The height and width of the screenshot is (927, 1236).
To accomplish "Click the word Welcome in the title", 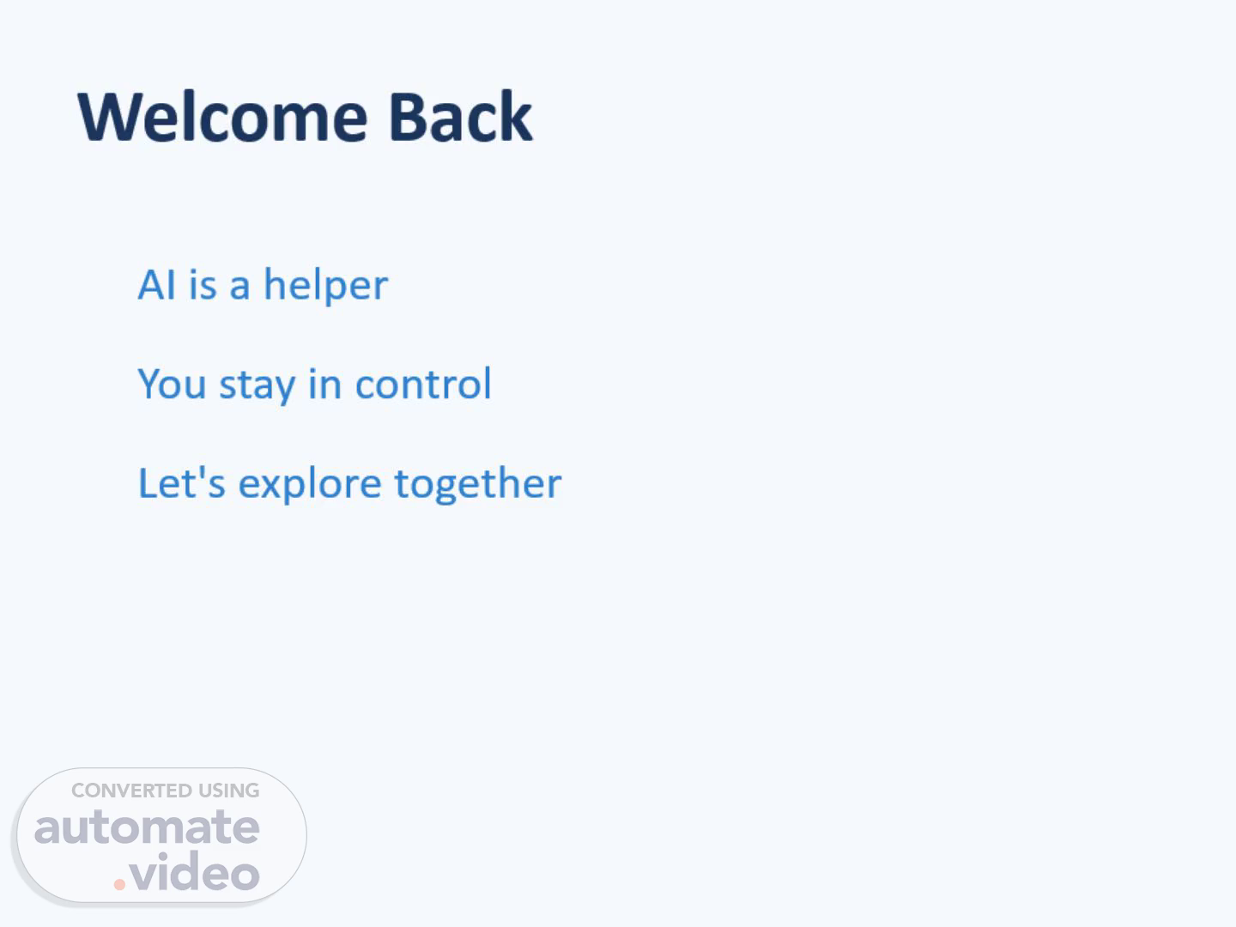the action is tap(222, 117).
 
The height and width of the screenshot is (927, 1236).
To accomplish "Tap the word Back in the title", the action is tap(461, 117).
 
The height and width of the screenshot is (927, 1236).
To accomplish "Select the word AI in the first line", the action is tap(156, 285).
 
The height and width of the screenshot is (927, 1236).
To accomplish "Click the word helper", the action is tap(326, 286).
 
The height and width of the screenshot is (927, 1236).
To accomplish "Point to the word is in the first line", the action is tap(203, 285).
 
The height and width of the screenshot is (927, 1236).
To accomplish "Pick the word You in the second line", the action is tap(172, 384).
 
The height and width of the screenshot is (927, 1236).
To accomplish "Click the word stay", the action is tap(257, 386).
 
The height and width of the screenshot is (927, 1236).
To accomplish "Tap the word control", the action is tap(423, 384).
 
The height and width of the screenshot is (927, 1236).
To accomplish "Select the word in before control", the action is tap(325, 384).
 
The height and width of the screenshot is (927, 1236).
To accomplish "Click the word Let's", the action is tap(182, 483).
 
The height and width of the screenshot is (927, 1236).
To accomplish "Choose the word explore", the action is tap(310, 485).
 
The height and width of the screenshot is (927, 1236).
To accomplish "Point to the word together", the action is tap(478, 485).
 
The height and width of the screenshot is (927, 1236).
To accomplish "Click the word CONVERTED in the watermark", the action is tap(131, 791).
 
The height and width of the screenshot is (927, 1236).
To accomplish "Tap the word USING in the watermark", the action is tap(228, 791).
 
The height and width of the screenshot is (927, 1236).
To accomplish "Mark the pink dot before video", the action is tap(119, 884).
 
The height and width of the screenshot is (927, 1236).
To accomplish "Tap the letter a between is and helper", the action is tap(239, 287).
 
